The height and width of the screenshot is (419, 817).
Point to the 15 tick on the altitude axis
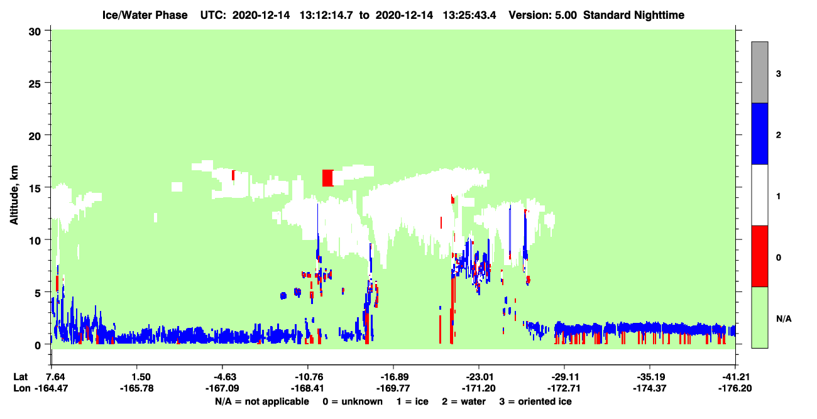[35, 189]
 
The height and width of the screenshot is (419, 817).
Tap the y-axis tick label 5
[38, 293]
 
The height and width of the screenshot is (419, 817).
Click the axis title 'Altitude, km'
[14, 195]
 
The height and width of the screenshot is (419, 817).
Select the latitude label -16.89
[394, 377]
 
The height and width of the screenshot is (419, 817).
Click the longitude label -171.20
[478, 388]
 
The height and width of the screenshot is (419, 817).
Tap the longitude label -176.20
[735, 388]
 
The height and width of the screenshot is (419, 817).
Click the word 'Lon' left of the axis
[22, 388]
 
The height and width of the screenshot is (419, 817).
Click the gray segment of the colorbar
[760, 72]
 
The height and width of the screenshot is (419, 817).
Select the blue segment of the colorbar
[760, 133]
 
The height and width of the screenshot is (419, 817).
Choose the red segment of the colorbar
[760, 256]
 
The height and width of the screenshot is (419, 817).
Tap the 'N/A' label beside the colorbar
[784, 319]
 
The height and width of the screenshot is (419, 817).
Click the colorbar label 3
[778, 74]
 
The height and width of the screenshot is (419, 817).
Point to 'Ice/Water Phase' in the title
[145, 15]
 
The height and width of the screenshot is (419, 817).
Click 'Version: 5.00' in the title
[543, 15]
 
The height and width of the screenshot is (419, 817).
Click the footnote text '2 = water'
[464, 401]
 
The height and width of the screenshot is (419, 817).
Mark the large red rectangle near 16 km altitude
[327, 178]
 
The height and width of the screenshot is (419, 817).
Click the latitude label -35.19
[650, 377]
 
